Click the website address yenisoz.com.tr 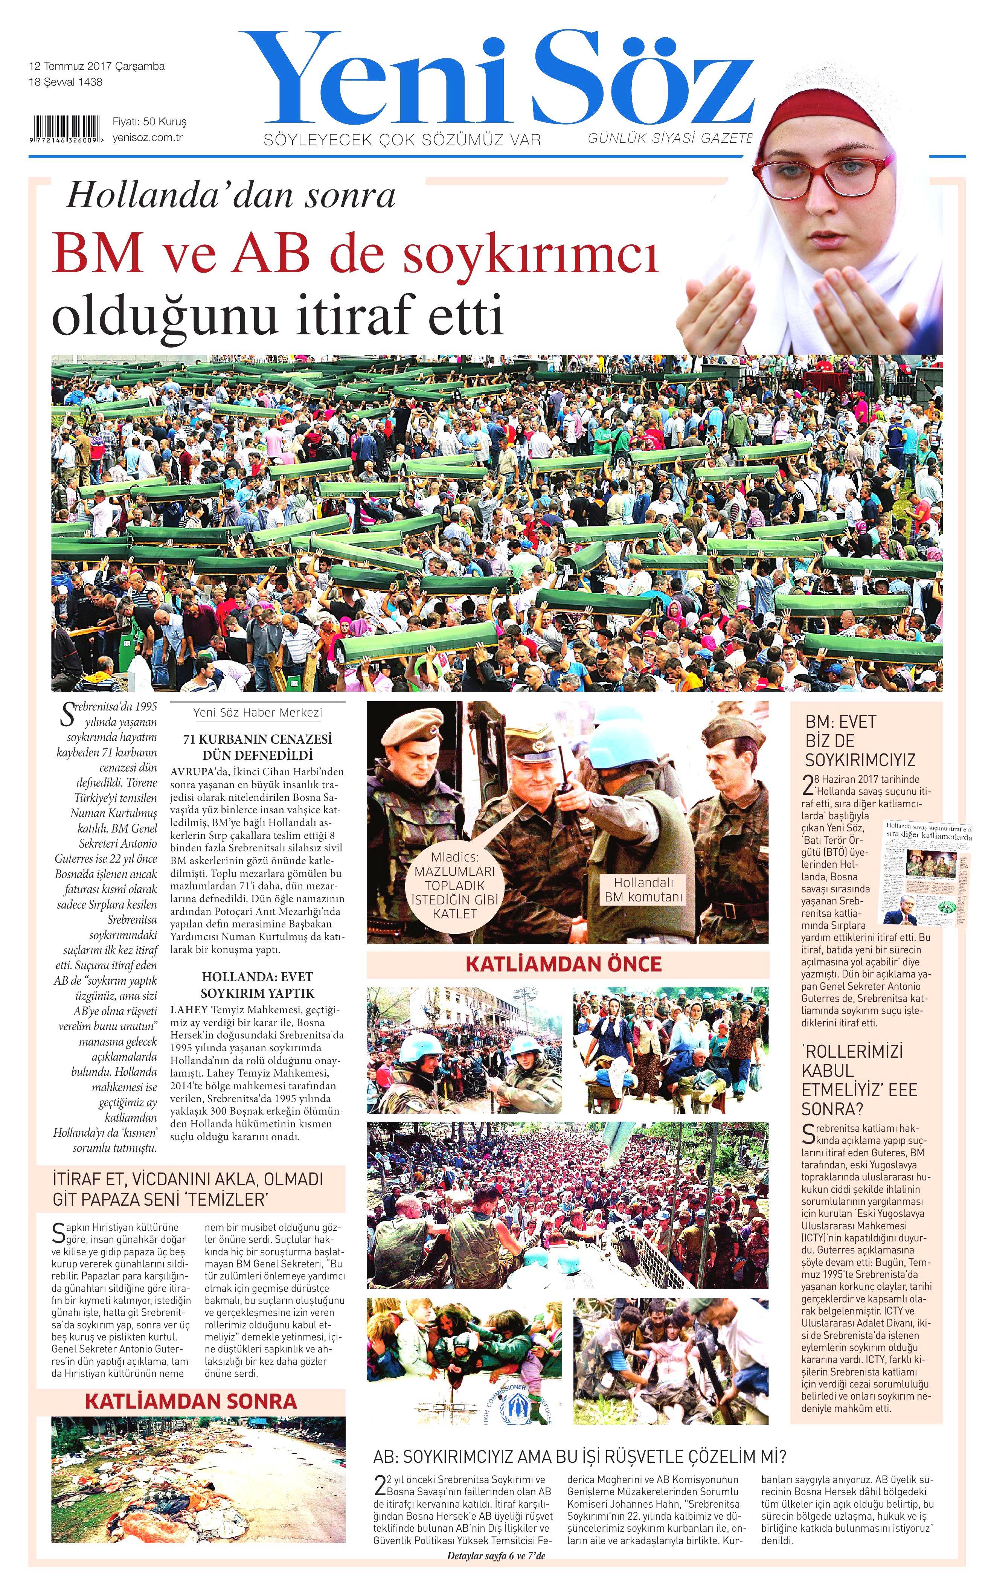(147, 137)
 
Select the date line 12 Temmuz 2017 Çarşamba (97, 66)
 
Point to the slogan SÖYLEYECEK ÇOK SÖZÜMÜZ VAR (402, 140)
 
